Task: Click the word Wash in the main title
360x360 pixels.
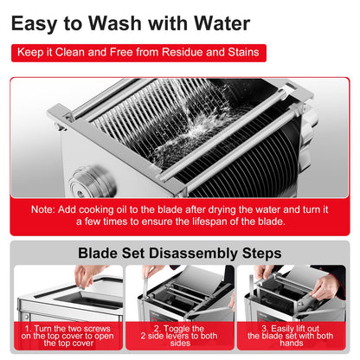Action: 114,23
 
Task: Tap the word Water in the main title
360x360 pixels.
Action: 222,23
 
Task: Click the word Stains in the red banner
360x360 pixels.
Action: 243,52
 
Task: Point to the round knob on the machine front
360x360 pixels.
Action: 92,182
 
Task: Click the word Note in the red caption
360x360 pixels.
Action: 42,209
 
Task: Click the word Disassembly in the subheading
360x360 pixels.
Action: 193,254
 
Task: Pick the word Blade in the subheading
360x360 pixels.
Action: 98,254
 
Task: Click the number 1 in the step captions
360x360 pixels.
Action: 28,329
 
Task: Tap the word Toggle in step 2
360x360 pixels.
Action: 179,329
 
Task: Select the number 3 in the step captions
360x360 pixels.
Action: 265,329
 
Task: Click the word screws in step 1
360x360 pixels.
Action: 97,329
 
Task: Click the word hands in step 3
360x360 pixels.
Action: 292,343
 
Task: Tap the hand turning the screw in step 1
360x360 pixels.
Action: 87,275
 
